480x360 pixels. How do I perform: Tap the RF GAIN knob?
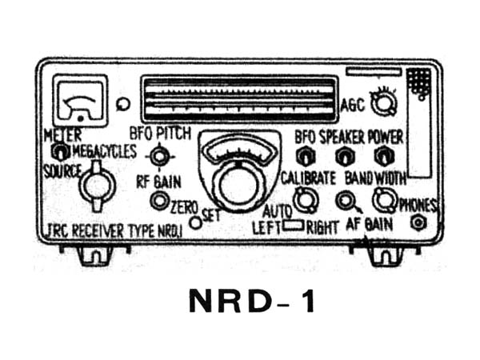point(159,200)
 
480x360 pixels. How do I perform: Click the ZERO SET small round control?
point(194,222)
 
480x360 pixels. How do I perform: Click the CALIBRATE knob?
point(303,201)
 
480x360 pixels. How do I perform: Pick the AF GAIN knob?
point(346,201)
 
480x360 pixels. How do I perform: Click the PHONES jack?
point(416,223)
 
